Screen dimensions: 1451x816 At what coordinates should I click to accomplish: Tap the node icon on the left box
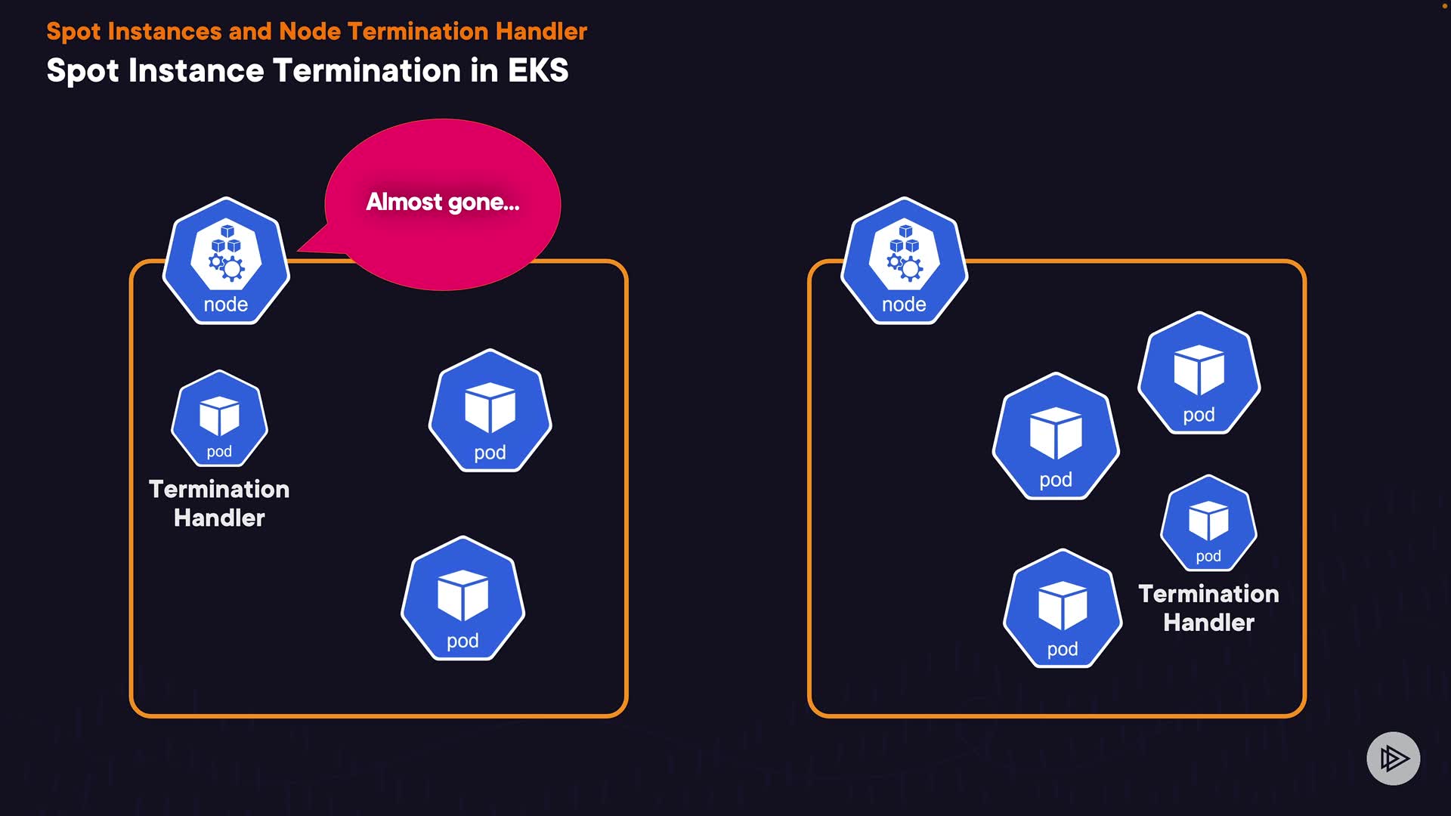(226, 261)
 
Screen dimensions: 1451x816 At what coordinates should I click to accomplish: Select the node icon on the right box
(904, 261)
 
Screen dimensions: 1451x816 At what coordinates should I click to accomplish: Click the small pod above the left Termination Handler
(219, 419)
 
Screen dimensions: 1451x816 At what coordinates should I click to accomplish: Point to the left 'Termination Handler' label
(219, 503)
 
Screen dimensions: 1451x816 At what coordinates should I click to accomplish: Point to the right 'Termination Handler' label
(1208, 607)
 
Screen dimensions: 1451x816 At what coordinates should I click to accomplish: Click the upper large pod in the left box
(490, 411)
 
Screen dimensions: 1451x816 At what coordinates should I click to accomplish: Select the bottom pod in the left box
(463, 598)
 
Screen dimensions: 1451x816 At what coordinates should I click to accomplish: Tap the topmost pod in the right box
(1199, 373)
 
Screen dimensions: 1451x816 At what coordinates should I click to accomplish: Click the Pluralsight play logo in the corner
(1393, 758)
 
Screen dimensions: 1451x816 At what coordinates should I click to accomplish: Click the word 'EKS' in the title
(538, 70)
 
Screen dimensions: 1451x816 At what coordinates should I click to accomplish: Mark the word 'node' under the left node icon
(226, 304)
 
